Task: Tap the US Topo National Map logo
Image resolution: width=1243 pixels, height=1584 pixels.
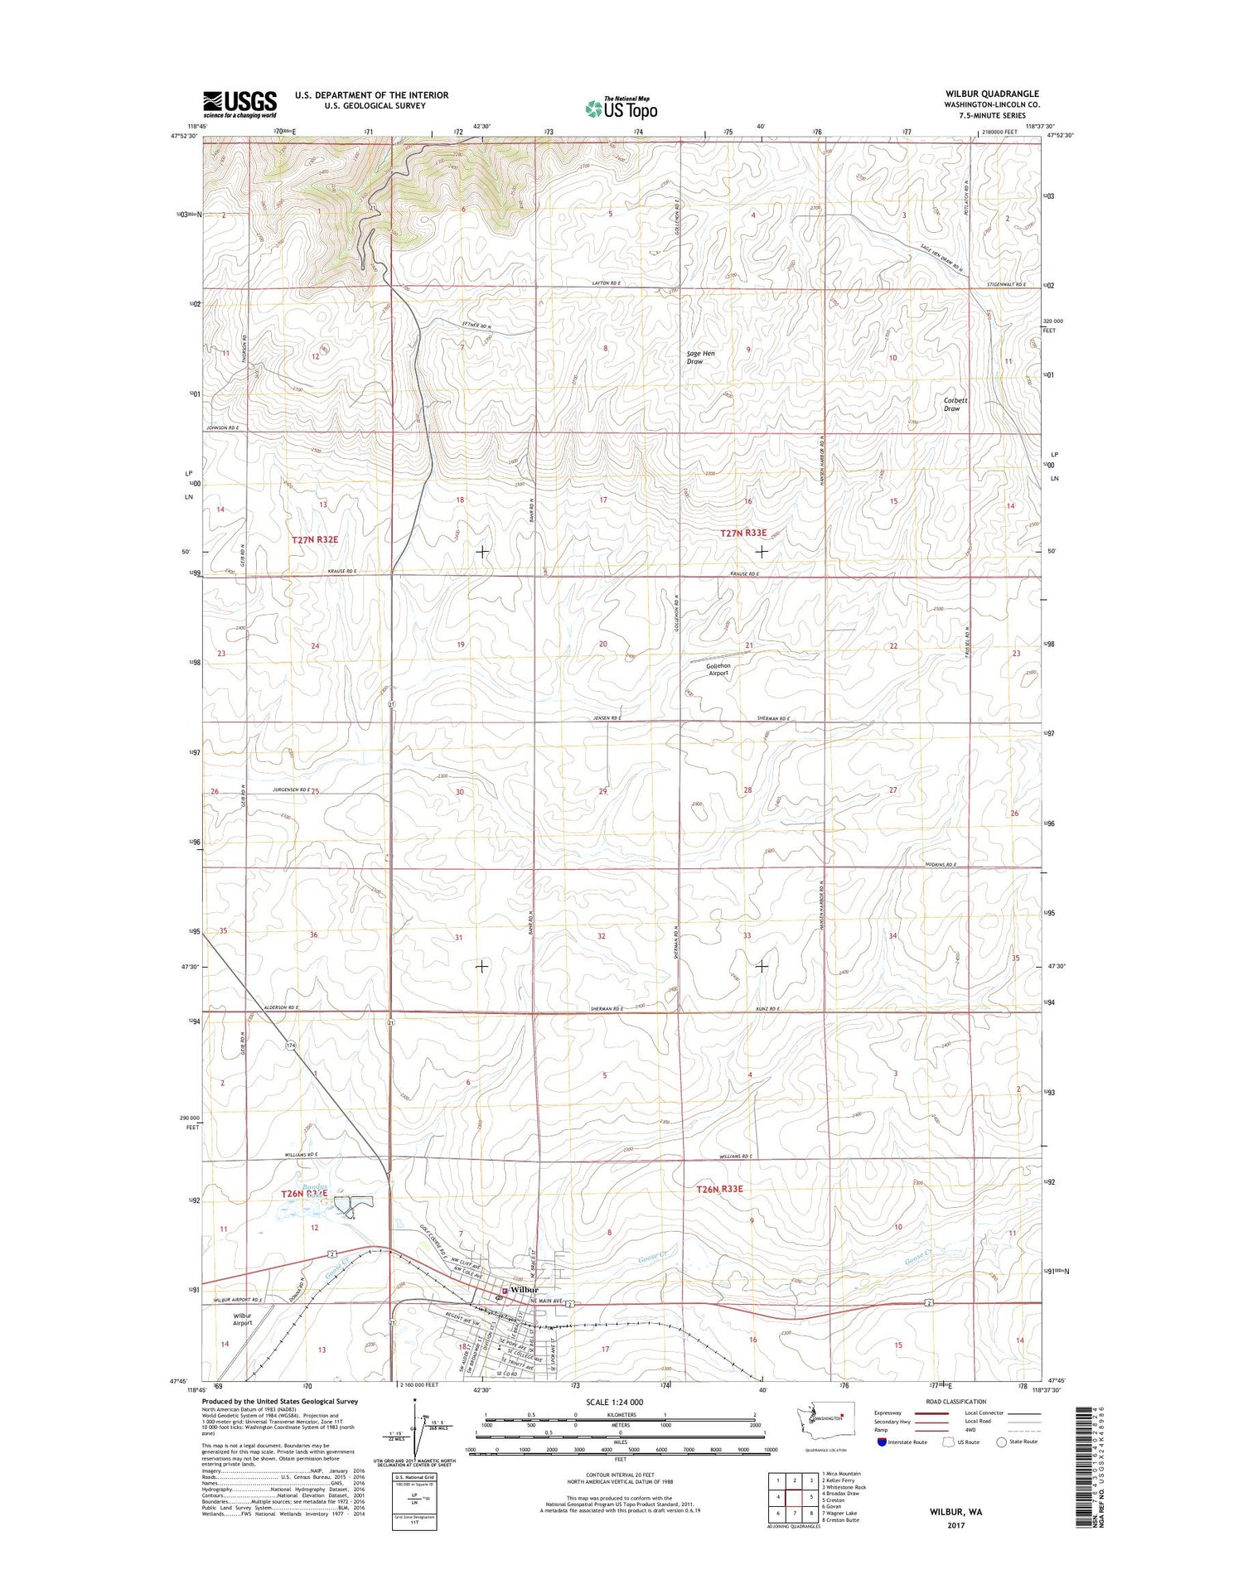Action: pos(621,108)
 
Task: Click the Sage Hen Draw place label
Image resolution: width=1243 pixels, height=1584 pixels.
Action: pos(700,357)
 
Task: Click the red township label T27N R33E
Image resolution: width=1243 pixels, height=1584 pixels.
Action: pos(743,534)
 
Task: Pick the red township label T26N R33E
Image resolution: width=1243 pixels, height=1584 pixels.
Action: pos(719,1189)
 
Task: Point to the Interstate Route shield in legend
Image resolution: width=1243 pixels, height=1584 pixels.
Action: pos(882,1442)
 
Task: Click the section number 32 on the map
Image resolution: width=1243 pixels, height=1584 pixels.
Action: pos(602,936)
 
